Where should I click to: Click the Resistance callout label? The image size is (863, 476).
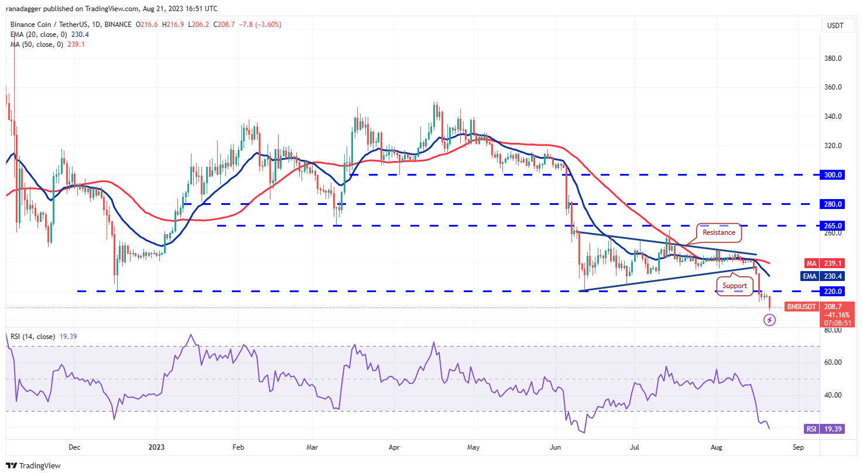[718, 232]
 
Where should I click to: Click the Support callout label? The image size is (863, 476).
[734, 286]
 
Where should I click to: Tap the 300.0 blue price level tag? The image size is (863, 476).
[833, 175]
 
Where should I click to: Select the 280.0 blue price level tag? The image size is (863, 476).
[833, 204]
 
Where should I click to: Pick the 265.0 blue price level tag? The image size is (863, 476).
[833, 226]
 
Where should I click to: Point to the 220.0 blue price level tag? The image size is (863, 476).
[833, 292]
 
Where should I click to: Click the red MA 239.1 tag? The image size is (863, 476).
[824, 264]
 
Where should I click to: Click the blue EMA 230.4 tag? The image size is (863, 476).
[824, 276]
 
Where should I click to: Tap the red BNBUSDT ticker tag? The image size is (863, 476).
[801, 307]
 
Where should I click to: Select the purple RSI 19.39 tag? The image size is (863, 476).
[824, 429]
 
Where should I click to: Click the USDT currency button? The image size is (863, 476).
[835, 26]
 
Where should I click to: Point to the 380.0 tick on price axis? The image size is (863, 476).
[833, 59]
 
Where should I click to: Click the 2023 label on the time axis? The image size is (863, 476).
[156, 447]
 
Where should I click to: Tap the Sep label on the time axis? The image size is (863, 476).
[798, 447]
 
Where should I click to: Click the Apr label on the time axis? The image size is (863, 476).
[394, 447]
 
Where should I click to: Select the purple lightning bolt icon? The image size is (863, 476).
[769, 320]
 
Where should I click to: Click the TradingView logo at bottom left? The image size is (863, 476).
[33, 466]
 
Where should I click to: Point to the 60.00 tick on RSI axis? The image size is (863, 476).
[833, 362]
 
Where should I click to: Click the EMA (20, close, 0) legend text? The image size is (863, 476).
[39, 35]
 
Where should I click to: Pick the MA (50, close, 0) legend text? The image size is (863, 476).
[36, 44]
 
